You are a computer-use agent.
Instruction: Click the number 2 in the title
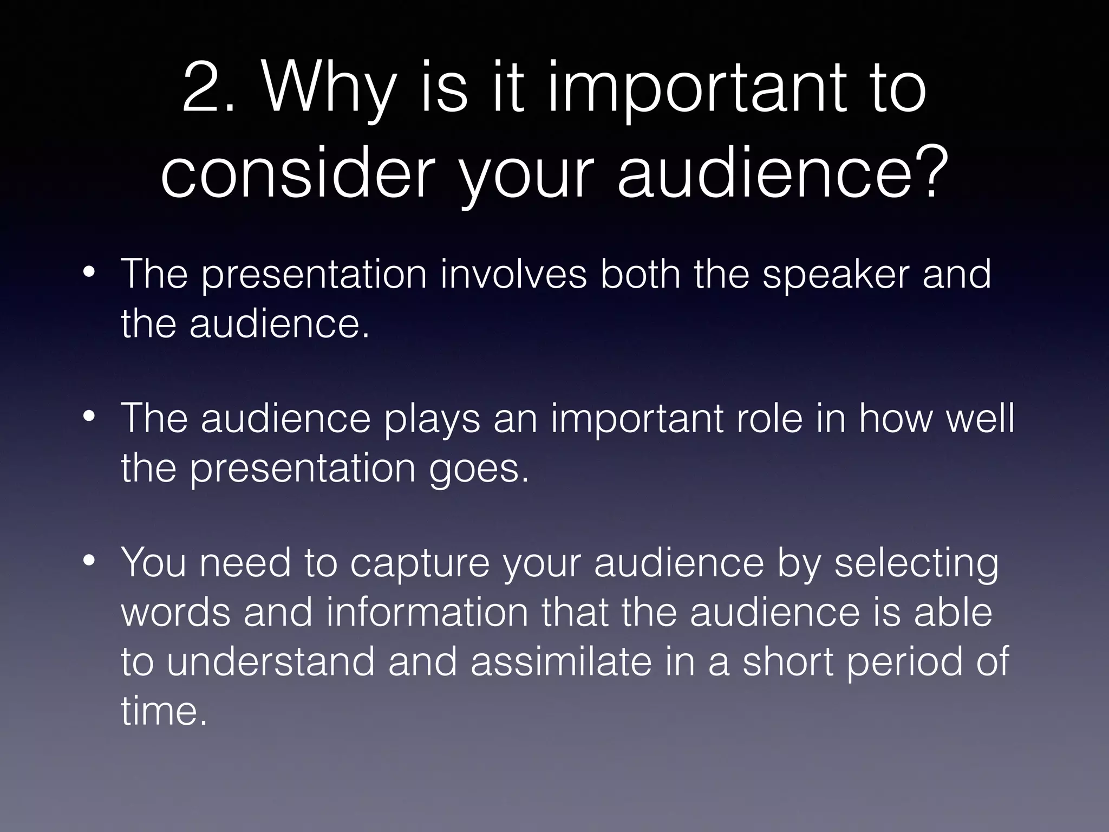tap(203, 88)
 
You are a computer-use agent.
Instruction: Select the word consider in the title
tap(298, 172)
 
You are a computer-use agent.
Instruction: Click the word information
tap(427, 612)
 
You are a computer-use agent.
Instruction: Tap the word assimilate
tap(561, 662)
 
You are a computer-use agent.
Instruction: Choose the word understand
tap(270, 662)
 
